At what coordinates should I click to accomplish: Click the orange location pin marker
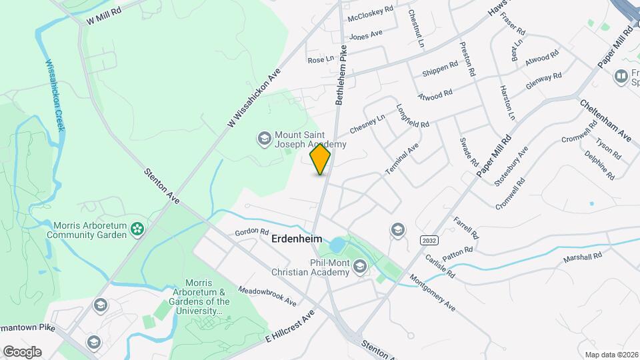[321, 159]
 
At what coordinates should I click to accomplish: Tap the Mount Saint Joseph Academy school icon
[263, 139]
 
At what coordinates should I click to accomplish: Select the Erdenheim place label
[297, 238]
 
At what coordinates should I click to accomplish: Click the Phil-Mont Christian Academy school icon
[360, 267]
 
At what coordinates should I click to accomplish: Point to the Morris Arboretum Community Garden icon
[137, 229]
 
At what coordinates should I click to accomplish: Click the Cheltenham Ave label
[605, 120]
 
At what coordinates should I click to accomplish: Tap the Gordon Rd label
[251, 232]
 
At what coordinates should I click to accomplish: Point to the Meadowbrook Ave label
[267, 297]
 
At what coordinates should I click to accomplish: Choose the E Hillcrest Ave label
[289, 326]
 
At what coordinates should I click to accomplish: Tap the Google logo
[22, 351]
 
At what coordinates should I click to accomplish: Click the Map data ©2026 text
[611, 354]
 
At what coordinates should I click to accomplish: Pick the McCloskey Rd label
[370, 13]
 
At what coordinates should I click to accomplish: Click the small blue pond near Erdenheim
[337, 245]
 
